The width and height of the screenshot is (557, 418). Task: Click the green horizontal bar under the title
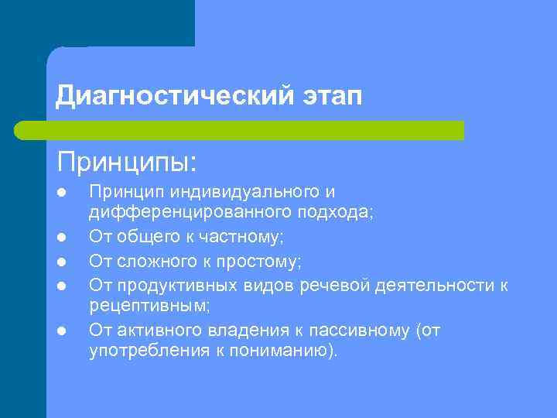pos(240,131)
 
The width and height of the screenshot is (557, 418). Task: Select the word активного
pos(158,331)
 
